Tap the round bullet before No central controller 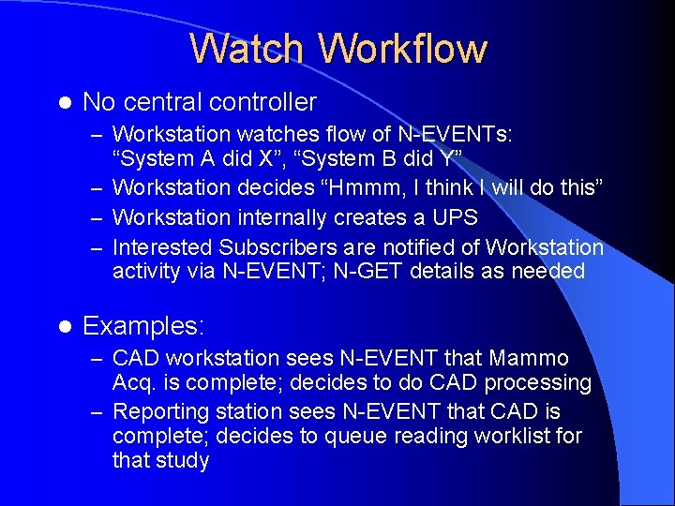tap(64, 102)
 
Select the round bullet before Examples tap(64, 326)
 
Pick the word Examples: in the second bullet tap(143, 326)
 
